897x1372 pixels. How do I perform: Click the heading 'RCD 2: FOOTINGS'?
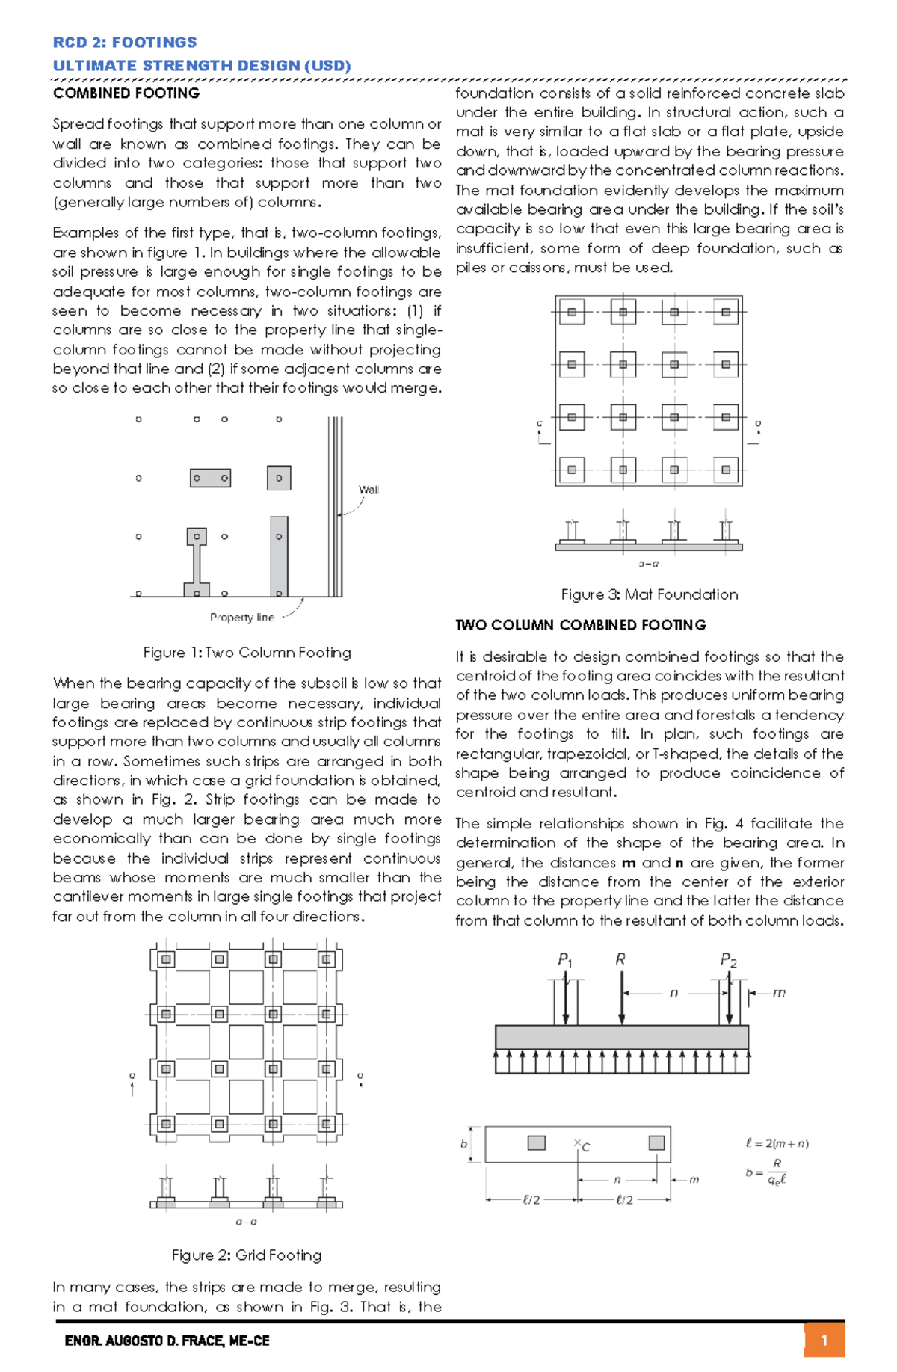[125, 43]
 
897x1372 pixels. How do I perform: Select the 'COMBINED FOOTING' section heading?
[126, 93]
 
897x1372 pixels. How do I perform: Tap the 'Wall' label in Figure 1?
[369, 490]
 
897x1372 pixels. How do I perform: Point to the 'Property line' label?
[242, 617]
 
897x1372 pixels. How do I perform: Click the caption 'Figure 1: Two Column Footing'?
[247, 653]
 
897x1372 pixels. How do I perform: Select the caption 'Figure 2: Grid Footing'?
[247, 1255]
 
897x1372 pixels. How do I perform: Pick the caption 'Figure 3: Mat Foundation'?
[649, 594]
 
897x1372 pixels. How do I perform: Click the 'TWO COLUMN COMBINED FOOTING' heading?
[580, 625]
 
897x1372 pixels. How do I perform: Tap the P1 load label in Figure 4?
[565, 960]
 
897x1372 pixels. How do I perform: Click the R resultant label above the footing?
[620, 959]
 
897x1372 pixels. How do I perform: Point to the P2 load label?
[728, 960]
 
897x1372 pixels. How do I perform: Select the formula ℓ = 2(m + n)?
[777, 1143]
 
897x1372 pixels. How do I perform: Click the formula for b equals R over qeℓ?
[767, 1172]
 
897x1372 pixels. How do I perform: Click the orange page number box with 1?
[824, 1340]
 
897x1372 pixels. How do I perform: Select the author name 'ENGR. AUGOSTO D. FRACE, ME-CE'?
[167, 1341]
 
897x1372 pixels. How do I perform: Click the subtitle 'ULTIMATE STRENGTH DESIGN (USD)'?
[202, 66]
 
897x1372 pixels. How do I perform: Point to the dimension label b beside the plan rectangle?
[463, 1144]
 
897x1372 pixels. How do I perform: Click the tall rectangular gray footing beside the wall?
[279, 556]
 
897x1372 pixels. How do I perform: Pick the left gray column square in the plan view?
[536, 1142]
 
